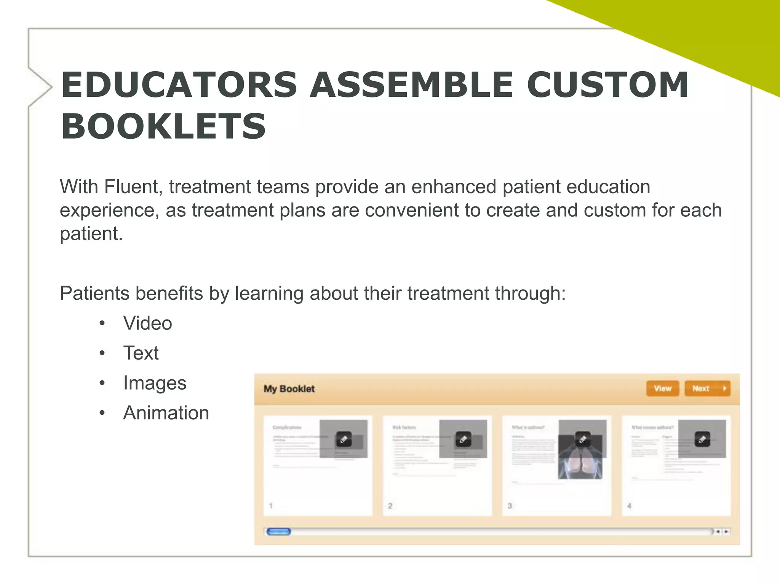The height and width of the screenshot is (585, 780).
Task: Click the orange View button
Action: pos(662,388)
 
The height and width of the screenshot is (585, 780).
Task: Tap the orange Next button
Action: pos(707,388)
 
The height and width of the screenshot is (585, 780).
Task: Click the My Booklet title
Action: pos(289,389)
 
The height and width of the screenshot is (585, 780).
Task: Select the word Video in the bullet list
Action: pos(147,323)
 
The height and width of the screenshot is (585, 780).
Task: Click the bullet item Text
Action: pos(141,353)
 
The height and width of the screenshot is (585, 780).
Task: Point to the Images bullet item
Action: pos(155,383)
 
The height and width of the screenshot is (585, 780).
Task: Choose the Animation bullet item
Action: pos(166,413)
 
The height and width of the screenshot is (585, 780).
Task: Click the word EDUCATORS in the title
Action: pos(179,85)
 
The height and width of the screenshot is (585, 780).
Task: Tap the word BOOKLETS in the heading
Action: pos(163,126)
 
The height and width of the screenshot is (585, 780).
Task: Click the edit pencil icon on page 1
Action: pos(344,439)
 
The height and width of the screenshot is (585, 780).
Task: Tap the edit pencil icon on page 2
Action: pos(463,439)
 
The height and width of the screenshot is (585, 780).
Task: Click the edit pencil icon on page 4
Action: pos(702,439)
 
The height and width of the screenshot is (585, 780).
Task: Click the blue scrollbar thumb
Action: pos(278,532)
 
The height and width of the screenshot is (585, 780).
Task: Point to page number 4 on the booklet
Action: pos(629,506)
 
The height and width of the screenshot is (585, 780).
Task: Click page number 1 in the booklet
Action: pos(271,506)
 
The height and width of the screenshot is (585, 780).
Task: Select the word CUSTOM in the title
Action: pos(608,85)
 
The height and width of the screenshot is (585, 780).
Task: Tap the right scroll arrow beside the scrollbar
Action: pos(726,532)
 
